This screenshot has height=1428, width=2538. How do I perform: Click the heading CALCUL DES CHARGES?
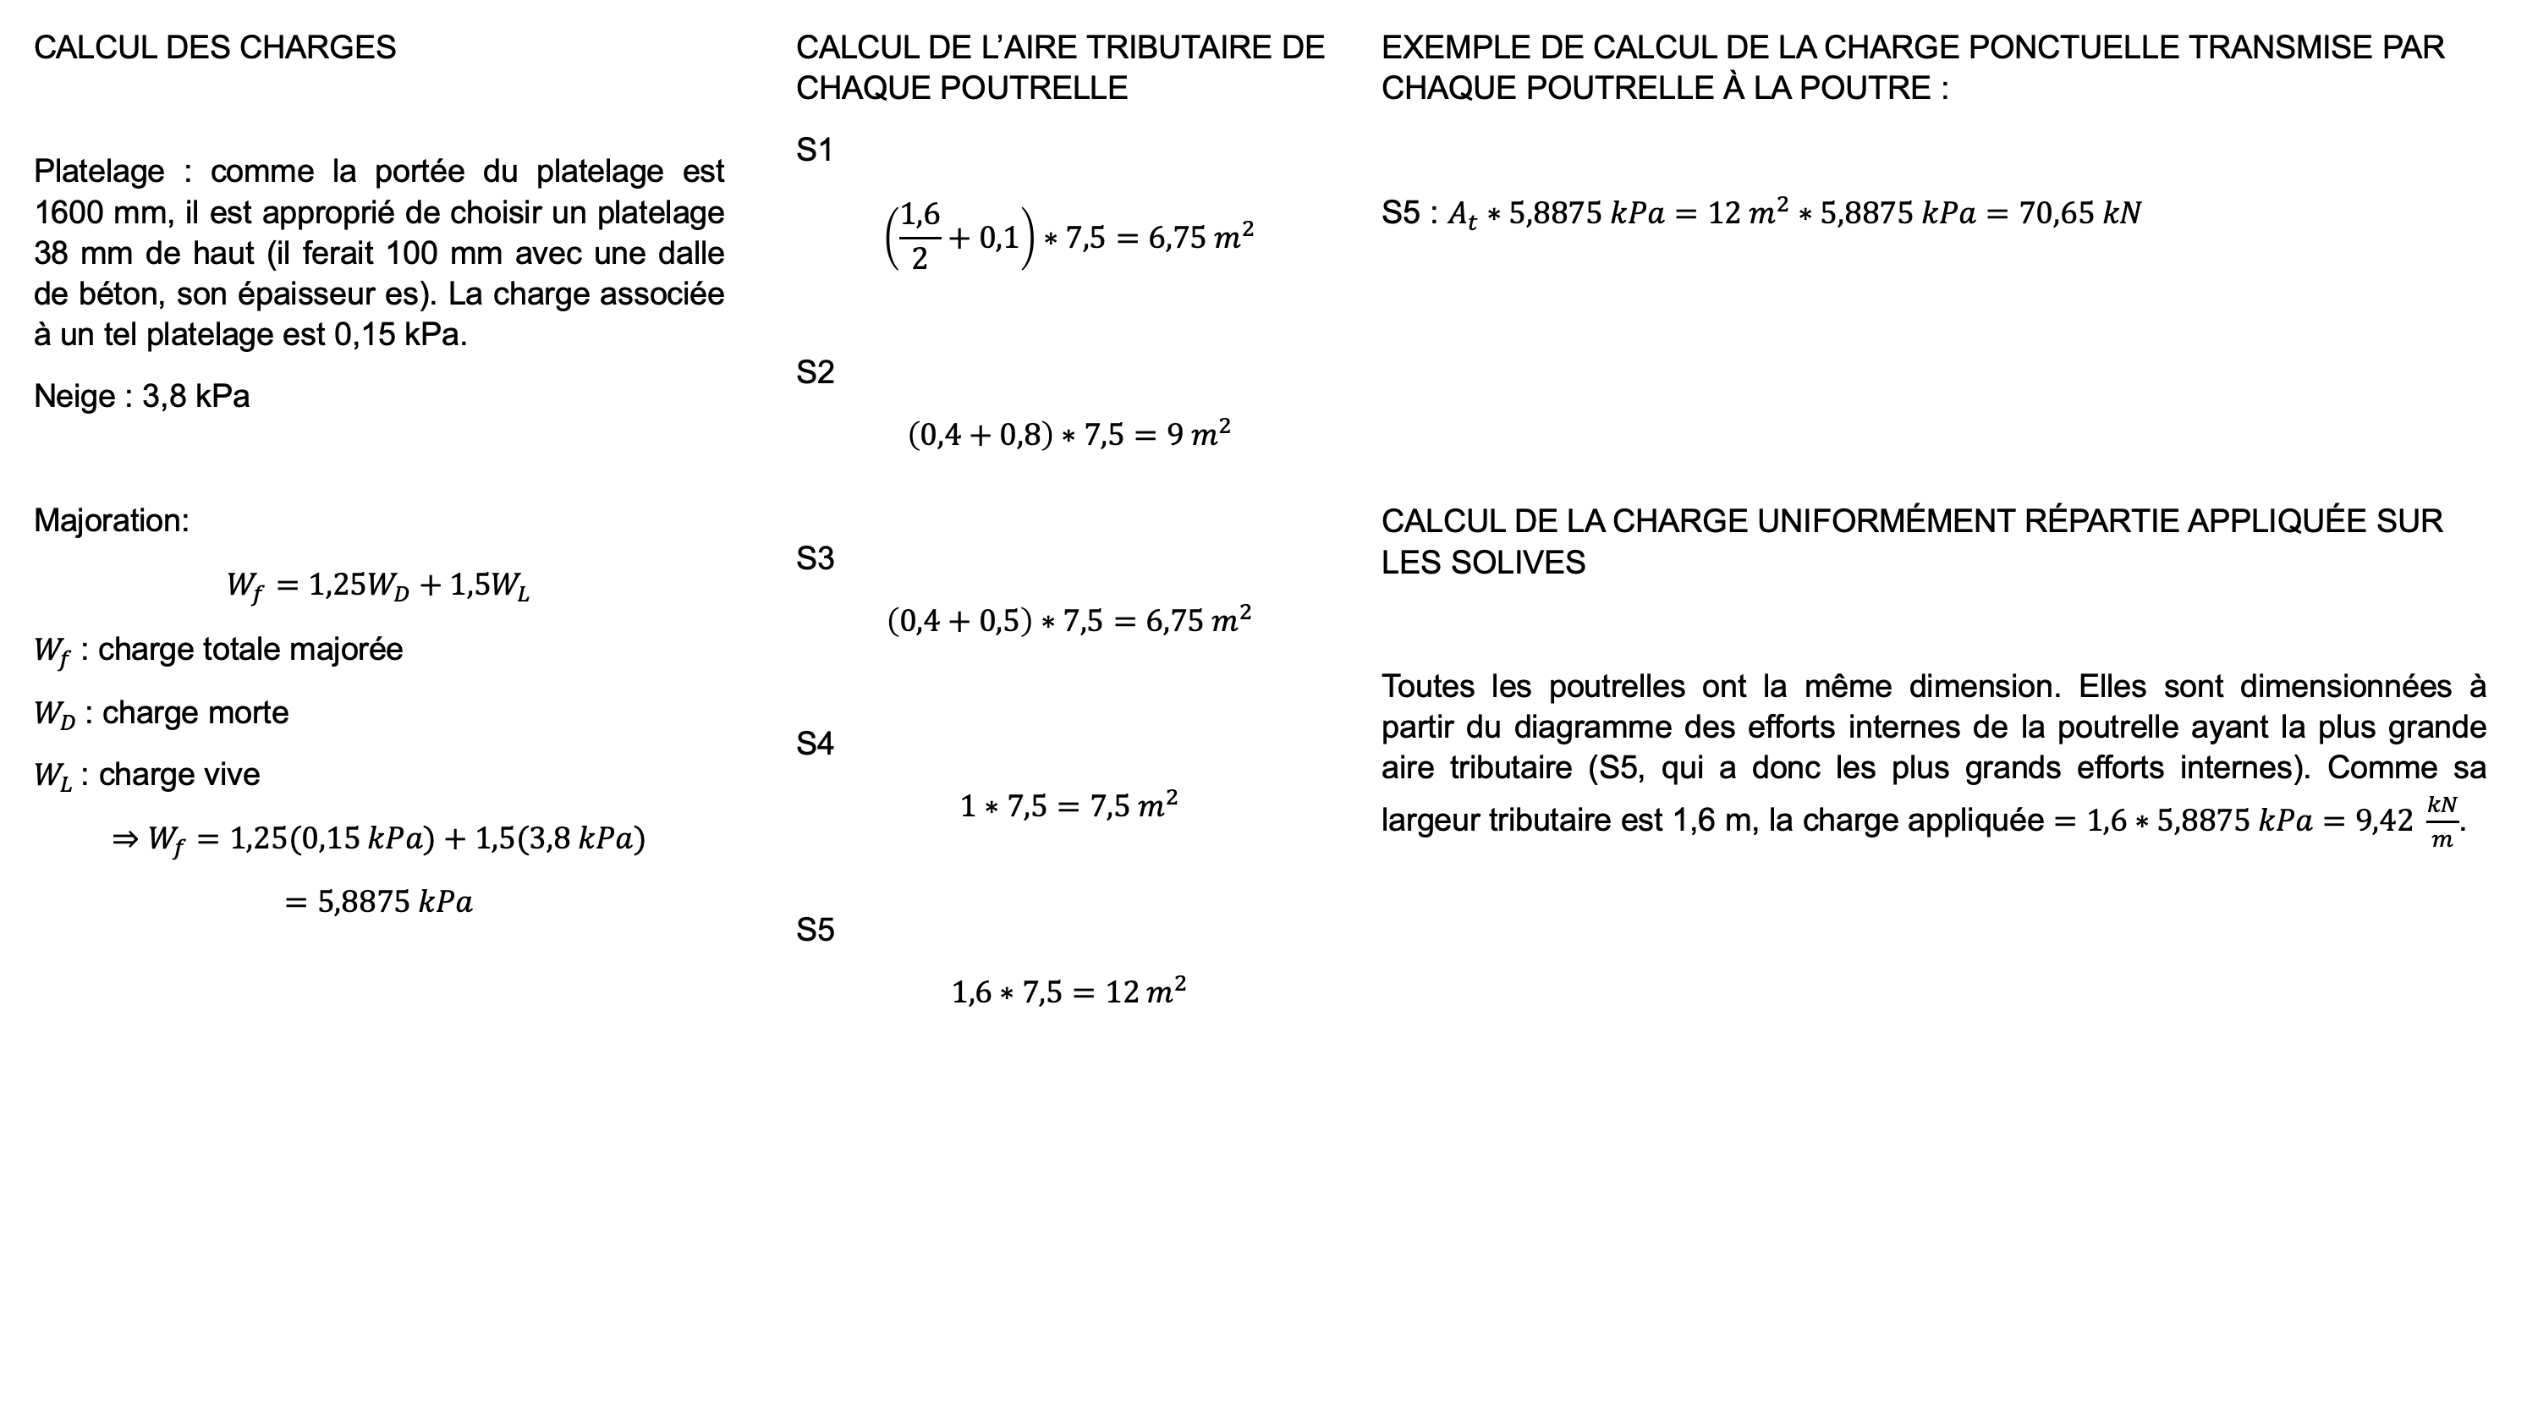point(215,47)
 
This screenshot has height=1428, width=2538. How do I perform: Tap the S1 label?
point(815,150)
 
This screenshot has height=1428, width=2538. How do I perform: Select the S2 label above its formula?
point(815,371)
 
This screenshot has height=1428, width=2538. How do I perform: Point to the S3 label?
point(815,559)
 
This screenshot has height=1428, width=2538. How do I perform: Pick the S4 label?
point(815,744)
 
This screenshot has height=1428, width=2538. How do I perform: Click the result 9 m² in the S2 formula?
point(1199,434)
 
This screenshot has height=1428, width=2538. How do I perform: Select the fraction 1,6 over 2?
point(920,237)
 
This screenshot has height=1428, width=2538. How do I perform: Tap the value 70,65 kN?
point(2079,214)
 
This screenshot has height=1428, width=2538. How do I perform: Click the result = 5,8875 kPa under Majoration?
point(378,902)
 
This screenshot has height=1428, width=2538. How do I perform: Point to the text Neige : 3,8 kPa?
point(142,396)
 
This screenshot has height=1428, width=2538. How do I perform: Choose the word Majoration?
point(110,520)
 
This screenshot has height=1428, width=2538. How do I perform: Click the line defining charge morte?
point(162,713)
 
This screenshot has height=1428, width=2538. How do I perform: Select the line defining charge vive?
point(147,776)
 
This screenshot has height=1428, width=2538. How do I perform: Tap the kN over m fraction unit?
point(2441,821)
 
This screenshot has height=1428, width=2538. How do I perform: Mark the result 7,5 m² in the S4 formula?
point(1133,806)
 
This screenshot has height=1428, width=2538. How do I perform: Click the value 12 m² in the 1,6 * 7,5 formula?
point(1145,991)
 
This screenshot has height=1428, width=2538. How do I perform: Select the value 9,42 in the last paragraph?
point(2383,821)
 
